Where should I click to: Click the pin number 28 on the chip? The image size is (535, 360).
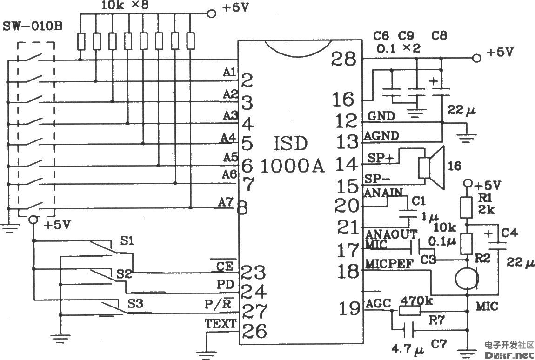coord(344,60)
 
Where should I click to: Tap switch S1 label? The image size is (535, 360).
coord(127,241)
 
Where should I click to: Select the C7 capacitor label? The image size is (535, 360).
coord(439,345)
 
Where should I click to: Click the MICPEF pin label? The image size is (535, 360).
coord(389,264)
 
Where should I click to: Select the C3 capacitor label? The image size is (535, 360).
coord(427,258)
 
